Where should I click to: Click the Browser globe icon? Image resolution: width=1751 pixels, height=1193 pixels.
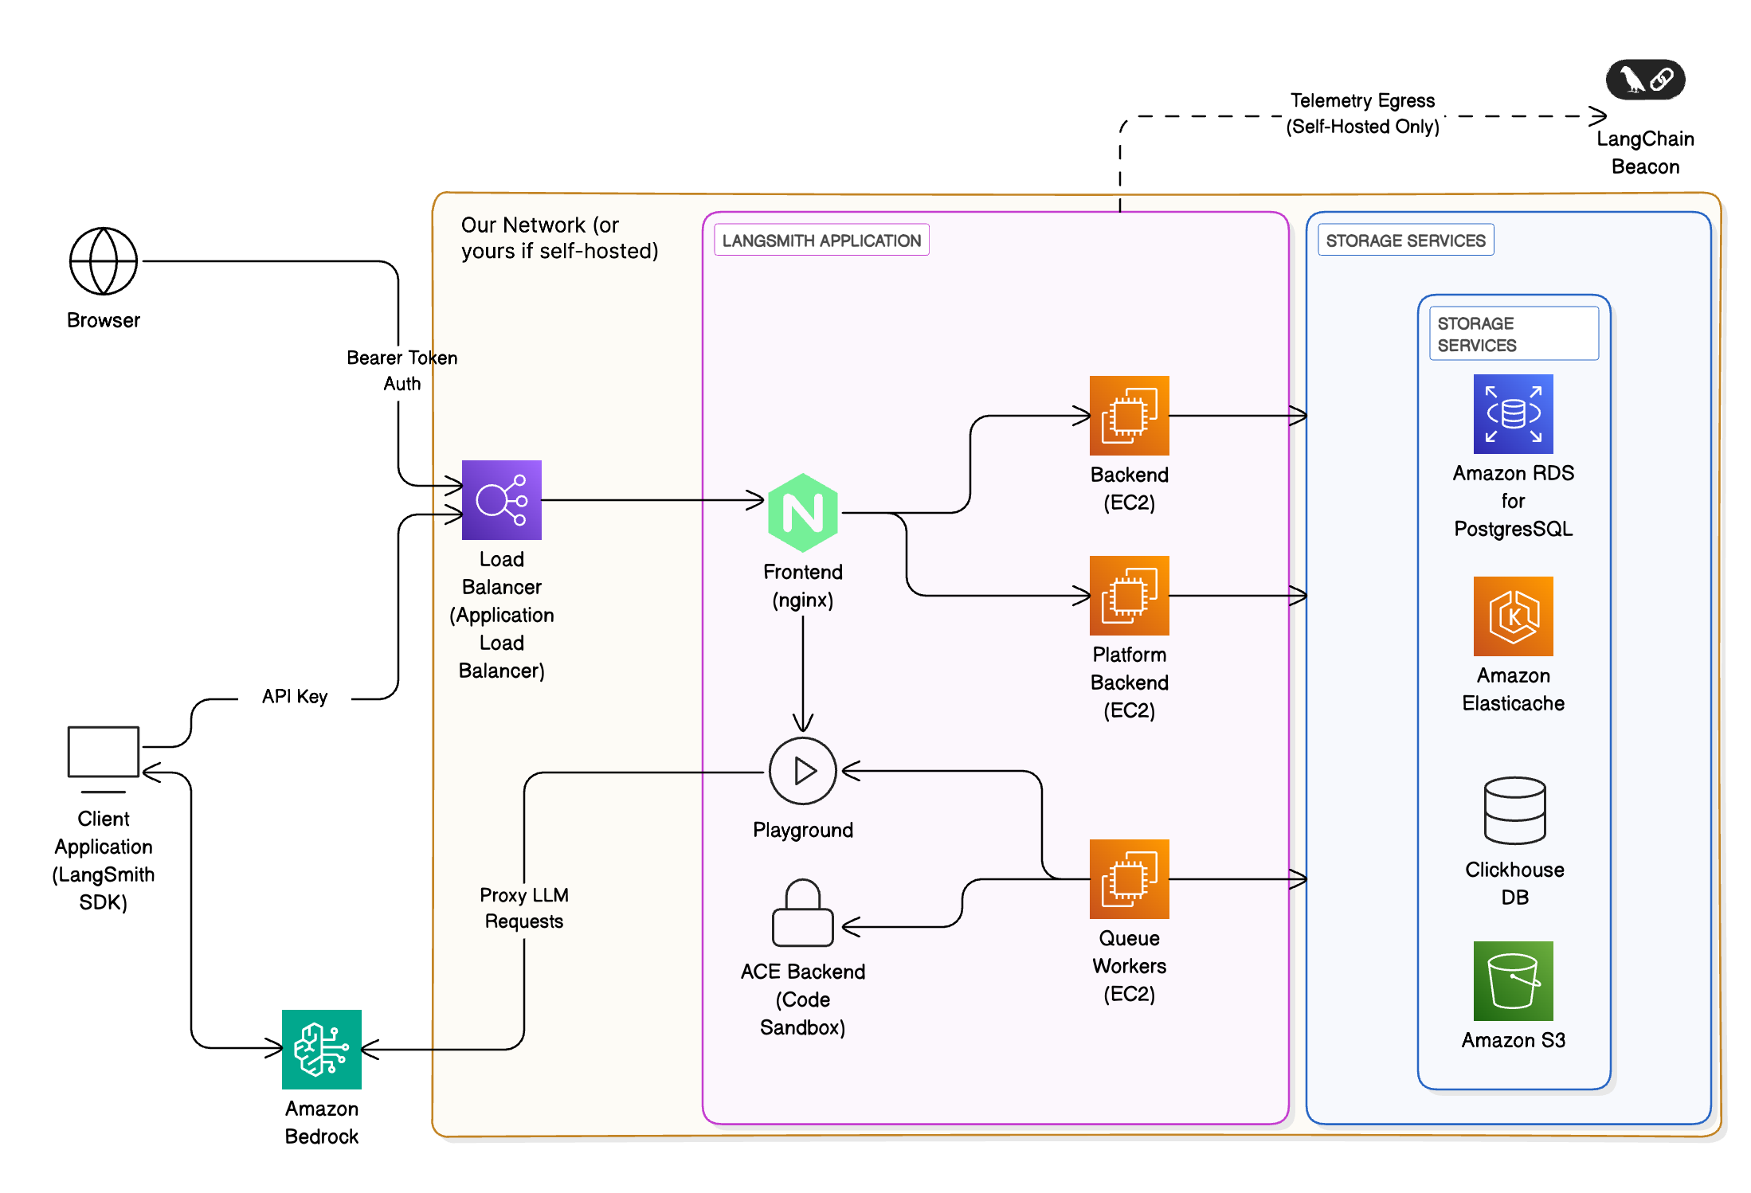click(104, 261)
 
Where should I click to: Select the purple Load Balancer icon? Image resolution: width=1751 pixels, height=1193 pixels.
click(501, 500)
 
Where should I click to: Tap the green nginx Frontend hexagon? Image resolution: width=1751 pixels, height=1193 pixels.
click(802, 513)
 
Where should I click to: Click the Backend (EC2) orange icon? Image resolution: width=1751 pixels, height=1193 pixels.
click(1129, 416)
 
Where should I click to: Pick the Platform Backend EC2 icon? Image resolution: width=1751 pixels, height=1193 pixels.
click(1129, 596)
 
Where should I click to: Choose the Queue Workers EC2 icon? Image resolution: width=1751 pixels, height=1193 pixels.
click(1129, 879)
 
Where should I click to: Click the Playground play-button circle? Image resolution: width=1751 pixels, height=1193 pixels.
click(802, 771)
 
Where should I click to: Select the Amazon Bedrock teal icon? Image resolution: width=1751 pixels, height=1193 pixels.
click(322, 1050)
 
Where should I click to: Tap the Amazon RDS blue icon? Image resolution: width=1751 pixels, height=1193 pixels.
click(1513, 414)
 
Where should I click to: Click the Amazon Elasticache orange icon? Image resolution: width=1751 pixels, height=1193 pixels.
click(1513, 616)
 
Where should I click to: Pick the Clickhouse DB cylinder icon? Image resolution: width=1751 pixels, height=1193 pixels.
click(1514, 811)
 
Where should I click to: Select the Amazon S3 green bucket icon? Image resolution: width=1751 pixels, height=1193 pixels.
click(1513, 981)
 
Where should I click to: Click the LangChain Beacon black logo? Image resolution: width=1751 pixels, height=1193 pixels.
click(1645, 80)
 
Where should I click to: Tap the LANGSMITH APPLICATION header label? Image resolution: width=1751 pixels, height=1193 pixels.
click(821, 241)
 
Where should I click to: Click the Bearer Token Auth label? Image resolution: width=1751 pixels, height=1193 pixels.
click(402, 370)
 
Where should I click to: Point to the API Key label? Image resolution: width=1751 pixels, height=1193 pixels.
click(295, 697)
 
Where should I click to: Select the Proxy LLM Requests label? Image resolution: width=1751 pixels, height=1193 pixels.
click(524, 908)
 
